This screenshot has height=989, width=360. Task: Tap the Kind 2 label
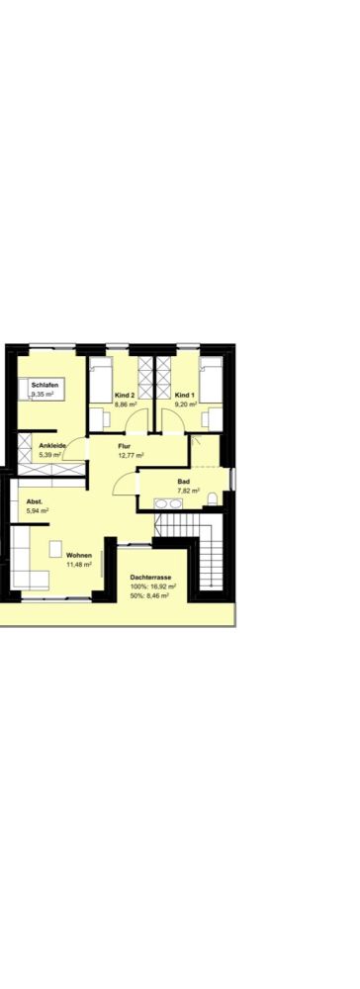pos(125,395)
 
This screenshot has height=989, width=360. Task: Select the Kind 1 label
pos(185,395)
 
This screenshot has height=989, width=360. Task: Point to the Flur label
pos(125,446)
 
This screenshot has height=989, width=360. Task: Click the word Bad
pos(183,481)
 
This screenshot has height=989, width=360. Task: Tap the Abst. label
pos(34,502)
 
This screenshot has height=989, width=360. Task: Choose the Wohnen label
pos(79,555)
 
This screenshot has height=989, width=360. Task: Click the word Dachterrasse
pos(150,578)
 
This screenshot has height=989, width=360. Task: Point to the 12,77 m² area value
pos(132,455)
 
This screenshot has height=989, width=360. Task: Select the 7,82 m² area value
pos(189,490)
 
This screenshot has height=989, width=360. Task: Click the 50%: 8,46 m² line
pos(148,594)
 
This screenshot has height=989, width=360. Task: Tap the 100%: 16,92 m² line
pos(153,585)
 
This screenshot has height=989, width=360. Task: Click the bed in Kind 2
pos(101,381)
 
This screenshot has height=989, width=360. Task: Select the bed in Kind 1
pos(211,381)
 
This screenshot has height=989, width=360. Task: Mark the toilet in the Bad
pos(212,499)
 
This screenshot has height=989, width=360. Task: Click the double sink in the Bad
pos(168,503)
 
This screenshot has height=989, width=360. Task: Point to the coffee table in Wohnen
pos(56,548)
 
